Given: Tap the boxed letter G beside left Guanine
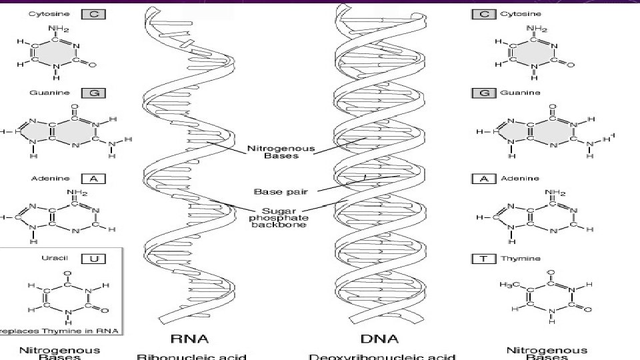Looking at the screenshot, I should click(93, 93).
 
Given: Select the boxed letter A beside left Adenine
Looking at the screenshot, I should click(94, 179).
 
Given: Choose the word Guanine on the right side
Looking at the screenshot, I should click(520, 93).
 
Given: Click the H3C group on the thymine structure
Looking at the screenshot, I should click(509, 285).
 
